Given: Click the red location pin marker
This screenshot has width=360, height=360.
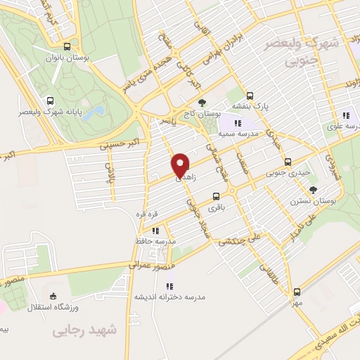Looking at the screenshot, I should click(180, 165).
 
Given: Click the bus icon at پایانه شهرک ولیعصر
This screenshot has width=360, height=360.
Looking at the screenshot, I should click(49, 100).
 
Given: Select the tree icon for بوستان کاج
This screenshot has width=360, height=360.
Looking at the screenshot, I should click(202, 103).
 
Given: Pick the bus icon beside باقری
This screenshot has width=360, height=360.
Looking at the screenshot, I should click(217, 197).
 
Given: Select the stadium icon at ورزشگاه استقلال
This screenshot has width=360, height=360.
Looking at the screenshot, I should click(53, 297).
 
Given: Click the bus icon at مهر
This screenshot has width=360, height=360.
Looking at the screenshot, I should click(297, 292).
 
